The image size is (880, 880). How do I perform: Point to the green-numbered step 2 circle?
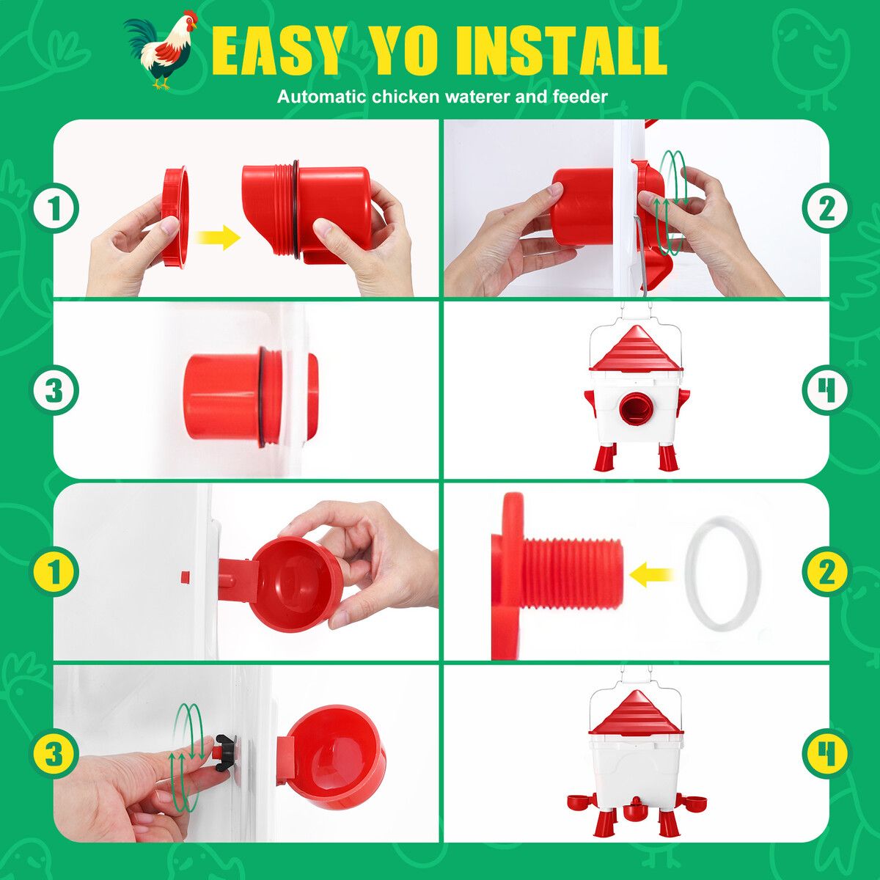click(x=827, y=208)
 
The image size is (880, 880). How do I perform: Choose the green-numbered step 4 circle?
click(x=827, y=390)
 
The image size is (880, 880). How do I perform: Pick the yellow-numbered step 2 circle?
click(x=827, y=573)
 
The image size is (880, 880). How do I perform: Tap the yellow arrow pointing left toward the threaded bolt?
click(x=650, y=574)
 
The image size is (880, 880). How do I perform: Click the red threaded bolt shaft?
click(x=573, y=573)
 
